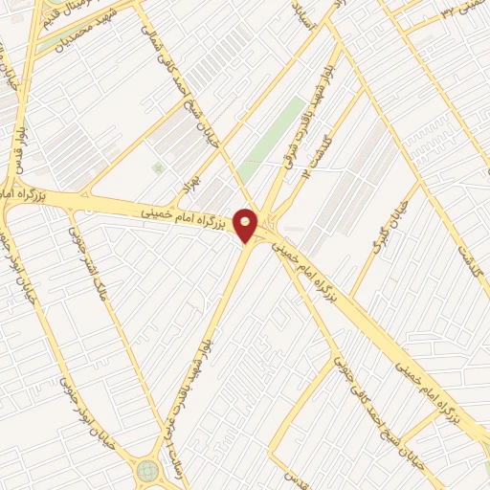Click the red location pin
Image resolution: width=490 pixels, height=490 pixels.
246,224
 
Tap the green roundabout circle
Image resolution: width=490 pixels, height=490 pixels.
148,471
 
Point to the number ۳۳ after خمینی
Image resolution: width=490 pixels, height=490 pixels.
448,11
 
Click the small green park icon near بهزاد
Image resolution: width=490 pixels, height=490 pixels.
158,168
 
